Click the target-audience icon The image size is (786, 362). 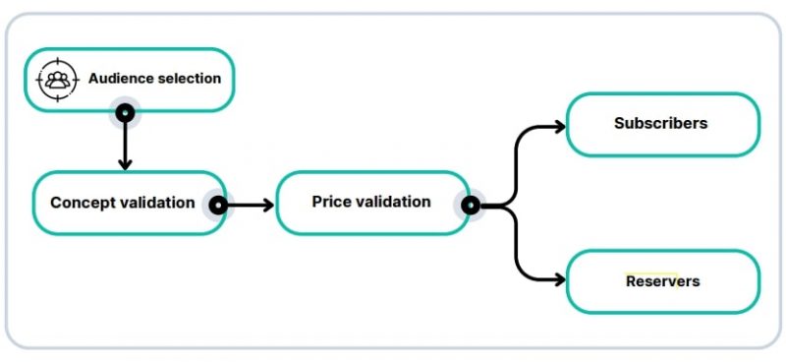(x=57, y=80)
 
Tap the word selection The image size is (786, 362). (x=189, y=78)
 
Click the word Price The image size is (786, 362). (x=330, y=202)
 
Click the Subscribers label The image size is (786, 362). (x=660, y=124)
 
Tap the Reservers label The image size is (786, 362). (x=662, y=281)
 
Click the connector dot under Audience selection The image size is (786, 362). (x=125, y=113)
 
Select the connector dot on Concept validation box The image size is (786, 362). (x=217, y=205)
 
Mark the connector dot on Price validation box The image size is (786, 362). (x=470, y=205)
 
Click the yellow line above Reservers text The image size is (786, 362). (x=651, y=272)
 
